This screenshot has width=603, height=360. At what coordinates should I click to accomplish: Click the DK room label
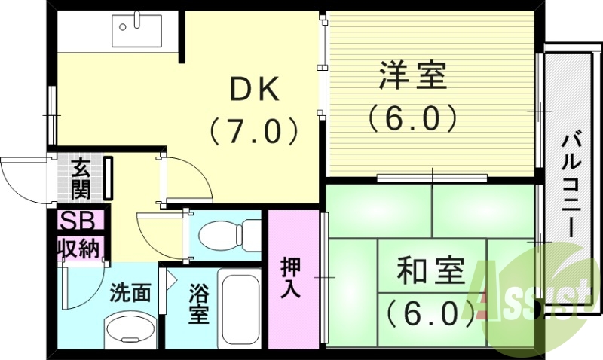coord(256,90)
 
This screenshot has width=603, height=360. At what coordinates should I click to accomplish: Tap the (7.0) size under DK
coord(256,132)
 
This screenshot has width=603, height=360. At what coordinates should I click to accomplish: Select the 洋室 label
coord(412,75)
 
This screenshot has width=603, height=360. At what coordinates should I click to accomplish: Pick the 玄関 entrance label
coord(81,178)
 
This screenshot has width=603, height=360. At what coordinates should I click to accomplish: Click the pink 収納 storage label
coord(78,248)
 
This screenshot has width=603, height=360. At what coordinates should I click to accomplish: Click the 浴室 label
coord(198,301)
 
